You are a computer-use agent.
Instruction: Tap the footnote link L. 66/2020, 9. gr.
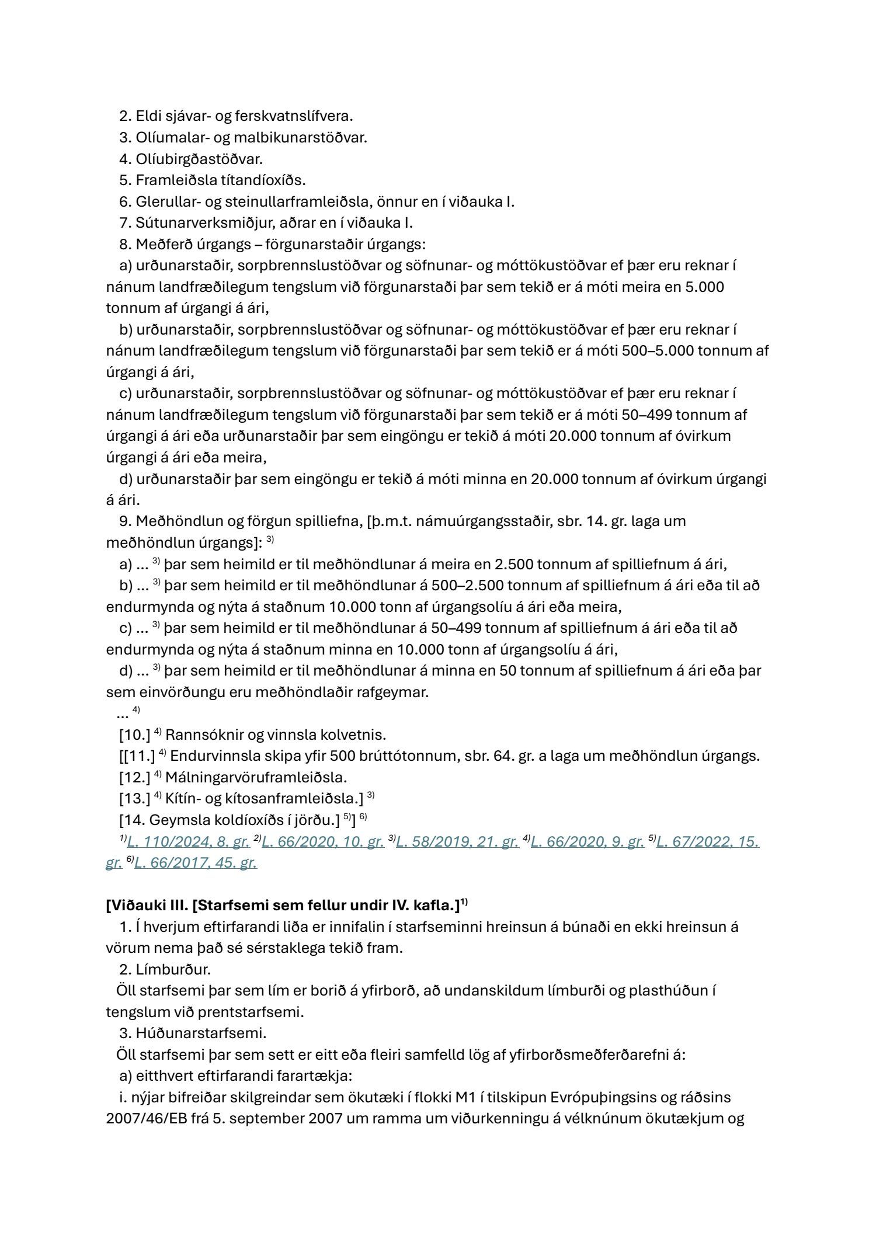(x=588, y=841)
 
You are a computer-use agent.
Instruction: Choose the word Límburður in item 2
(x=173, y=969)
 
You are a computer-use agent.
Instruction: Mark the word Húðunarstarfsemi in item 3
(x=201, y=1033)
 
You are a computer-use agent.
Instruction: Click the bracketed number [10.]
(x=135, y=735)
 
